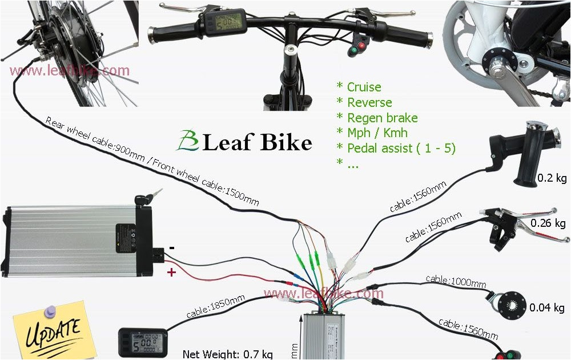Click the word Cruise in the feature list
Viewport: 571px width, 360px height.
[364, 87]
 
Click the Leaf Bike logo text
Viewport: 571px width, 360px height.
[246, 142]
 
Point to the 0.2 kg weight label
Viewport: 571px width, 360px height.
[552, 179]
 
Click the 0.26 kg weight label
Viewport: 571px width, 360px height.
[548, 223]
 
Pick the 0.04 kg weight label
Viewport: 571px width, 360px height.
[547, 308]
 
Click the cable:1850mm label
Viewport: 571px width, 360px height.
[216, 306]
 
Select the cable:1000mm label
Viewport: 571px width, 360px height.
[456, 281]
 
